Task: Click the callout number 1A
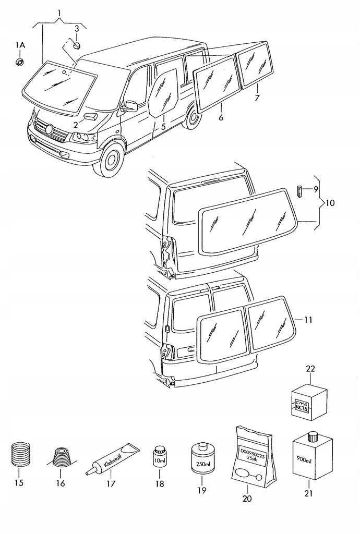tap(19, 46)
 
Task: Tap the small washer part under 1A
tap(19, 63)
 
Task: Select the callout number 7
tap(257, 99)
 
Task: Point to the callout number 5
tap(163, 127)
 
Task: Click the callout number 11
tap(308, 320)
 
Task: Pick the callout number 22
tap(311, 369)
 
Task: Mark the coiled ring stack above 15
tap(19, 454)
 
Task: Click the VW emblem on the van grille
tap(50, 128)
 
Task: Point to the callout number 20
tap(247, 499)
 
